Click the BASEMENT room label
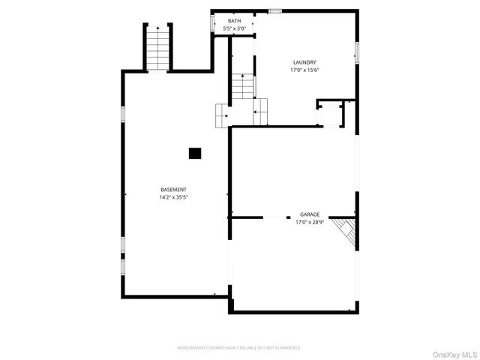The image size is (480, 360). (x=173, y=189)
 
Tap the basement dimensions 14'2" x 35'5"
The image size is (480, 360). (x=173, y=197)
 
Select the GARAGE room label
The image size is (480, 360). (x=310, y=214)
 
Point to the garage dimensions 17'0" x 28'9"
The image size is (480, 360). (x=310, y=222)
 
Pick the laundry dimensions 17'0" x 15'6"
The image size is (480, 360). (x=305, y=70)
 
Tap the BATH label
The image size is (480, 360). (x=235, y=21)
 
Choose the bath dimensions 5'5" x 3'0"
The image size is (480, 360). (x=235, y=28)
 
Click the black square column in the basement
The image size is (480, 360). (x=195, y=153)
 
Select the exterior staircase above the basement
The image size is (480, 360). (x=158, y=47)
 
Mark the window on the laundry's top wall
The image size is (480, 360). (x=275, y=11)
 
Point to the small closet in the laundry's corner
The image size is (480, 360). (x=330, y=113)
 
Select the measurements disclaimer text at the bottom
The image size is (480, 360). (x=238, y=349)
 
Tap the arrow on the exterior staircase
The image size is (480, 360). (x=158, y=37)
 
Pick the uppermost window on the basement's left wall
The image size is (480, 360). (x=123, y=113)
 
